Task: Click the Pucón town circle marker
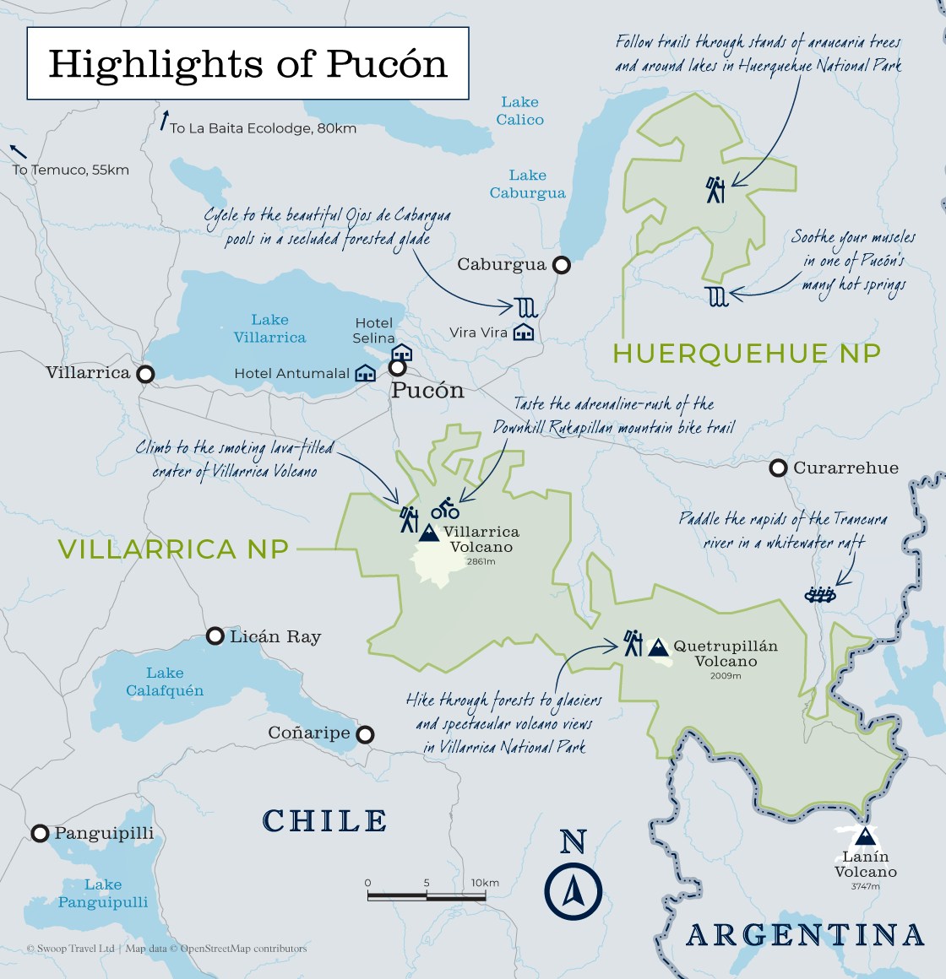pos(397,368)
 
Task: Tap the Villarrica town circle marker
pos(146,373)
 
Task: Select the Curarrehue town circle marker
pos(778,468)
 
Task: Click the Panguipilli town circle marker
pos(40,834)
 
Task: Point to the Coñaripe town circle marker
pos(365,734)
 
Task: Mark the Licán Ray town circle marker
pos(215,636)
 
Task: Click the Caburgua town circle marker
pos(561,265)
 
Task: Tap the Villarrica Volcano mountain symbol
pos(429,533)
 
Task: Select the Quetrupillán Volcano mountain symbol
pos(658,647)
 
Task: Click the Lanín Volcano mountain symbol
pos(863,836)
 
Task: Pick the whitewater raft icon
pos(819,595)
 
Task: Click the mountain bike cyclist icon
pos(445,509)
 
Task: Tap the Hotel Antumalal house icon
pos(365,373)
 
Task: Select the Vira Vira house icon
pos(524,332)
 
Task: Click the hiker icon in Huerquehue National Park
pos(715,190)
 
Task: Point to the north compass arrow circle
pos(573,891)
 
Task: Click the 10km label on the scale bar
pos(485,883)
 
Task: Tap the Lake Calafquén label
pos(165,682)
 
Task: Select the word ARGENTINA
pos(805,935)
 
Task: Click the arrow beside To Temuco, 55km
pos(18,152)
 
